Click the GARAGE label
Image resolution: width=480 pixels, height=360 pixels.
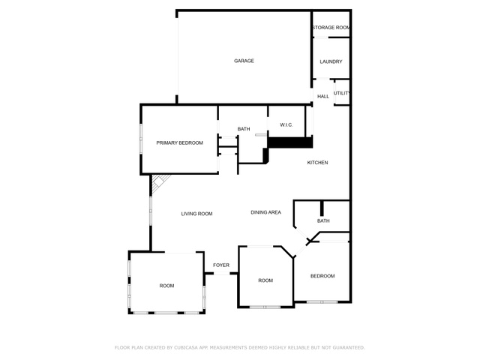pos(244,61)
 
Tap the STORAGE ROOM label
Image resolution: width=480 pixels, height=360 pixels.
pos(331,28)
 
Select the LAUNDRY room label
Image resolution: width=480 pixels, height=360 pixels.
pos(331,61)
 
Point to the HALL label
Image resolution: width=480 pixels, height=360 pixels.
pos(323,97)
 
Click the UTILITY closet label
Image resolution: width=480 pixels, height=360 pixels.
pos(342,93)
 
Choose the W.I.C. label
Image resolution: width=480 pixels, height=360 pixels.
pos(286,125)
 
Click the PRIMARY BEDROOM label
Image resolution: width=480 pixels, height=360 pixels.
pos(180,143)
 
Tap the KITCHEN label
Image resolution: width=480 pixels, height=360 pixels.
pos(317,163)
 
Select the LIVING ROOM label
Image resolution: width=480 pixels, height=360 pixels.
pos(196,214)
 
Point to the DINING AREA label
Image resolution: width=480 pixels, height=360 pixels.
pos(265,212)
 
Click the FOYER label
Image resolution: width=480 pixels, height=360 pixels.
pos(221,265)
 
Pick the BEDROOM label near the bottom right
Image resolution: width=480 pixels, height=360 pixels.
pos(322,276)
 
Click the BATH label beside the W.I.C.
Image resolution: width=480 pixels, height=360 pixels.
pos(244,129)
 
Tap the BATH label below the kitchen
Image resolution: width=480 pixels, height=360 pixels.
pos(323,220)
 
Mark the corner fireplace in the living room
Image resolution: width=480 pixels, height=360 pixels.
pos(159,182)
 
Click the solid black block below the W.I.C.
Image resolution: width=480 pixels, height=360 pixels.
pos(290,142)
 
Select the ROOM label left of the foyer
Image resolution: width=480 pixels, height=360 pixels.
pos(166,286)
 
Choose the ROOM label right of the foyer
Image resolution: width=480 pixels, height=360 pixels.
pos(265,280)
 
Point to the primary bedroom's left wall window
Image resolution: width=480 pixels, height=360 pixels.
pos(141,138)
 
